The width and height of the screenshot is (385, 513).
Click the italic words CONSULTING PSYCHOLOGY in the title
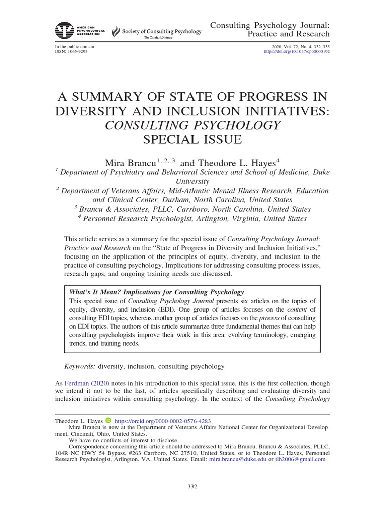pyautogui.click(x=192, y=125)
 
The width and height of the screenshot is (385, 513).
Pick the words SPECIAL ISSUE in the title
pyautogui.click(x=192, y=140)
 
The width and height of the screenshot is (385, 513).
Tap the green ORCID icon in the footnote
pyautogui.click(x=108, y=422)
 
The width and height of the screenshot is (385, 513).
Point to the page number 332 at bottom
pyautogui.click(x=192, y=486)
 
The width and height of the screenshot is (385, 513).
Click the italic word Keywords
pyautogui.click(x=80, y=366)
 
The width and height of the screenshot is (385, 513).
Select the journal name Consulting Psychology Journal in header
pyautogui.click(x=270, y=25)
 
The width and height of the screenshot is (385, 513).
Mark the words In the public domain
pyautogui.click(x=74, y=46)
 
